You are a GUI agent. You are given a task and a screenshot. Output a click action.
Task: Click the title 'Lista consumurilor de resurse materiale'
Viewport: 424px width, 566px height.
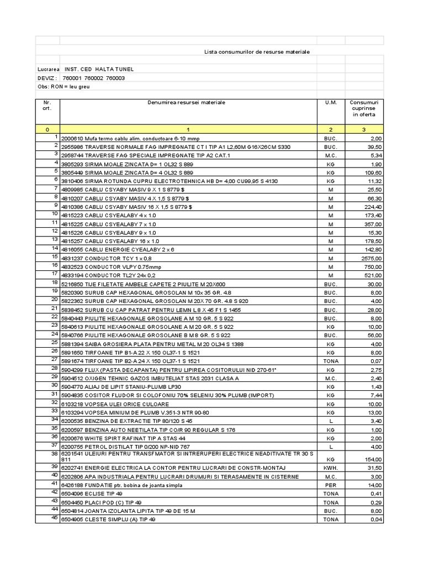[257, 51]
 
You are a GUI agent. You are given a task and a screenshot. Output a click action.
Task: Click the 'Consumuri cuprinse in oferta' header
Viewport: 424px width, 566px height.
[364, 108]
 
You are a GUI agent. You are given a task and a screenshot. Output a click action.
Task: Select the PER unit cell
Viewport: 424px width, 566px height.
[331, 485]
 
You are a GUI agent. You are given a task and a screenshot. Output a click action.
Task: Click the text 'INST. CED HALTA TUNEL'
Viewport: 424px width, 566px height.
[99, 69]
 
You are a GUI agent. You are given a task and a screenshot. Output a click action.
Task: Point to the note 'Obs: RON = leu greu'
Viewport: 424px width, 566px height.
[63, 87]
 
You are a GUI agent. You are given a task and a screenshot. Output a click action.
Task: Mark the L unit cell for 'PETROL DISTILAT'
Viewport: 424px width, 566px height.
[331, 446]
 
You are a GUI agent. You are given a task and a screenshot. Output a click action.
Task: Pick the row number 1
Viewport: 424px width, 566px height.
[55, 136]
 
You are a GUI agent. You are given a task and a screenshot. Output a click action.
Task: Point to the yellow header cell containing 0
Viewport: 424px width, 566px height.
[47, 129]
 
